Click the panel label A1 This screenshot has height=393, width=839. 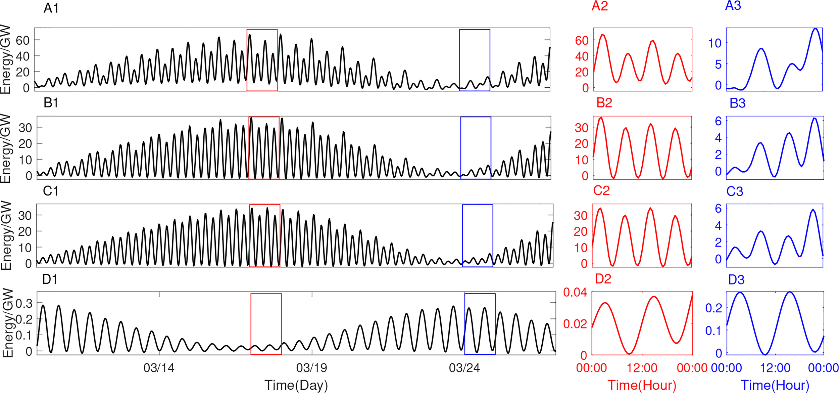coord(51,8)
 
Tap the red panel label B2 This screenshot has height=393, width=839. coord(604,103)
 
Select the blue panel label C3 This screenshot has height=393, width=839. coord(735,191)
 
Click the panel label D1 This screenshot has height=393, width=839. coord(50,279)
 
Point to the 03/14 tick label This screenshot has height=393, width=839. coord(159,368)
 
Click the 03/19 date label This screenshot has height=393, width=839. coord(311,368)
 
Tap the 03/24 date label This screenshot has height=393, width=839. coord(464,368)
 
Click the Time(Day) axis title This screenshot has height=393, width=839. coord(296,385)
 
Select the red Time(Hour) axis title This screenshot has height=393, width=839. coord(642,385)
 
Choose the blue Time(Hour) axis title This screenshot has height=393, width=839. coord(775,385)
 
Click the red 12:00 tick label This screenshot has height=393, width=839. coord(642,368)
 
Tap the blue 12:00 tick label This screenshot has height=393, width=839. coord(775,368)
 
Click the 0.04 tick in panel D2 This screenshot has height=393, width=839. coord(575,292)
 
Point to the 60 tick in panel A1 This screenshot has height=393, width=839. coord(22,40)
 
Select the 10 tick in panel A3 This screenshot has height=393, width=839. coord(714,43)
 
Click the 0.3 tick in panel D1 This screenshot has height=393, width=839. coord(24,303)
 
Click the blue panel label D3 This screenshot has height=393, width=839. coord(736,280)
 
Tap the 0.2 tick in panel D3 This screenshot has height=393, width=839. coord(713,308)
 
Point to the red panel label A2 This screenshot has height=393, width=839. coord(600,6)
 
